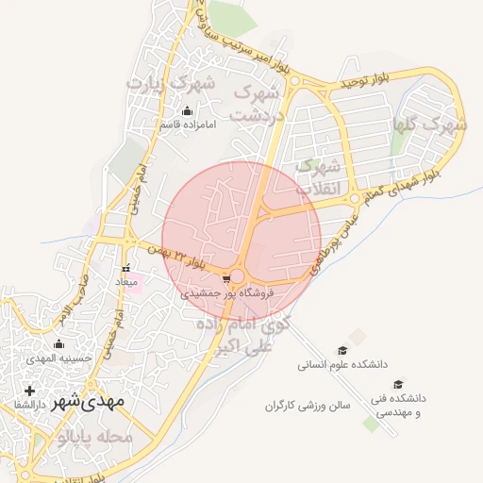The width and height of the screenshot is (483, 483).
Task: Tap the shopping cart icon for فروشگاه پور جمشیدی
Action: click(x=225, y=279)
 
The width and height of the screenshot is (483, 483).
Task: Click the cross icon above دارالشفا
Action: click(x=29, y=391)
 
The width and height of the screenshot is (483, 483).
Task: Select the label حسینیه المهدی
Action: click(x=58, y=358)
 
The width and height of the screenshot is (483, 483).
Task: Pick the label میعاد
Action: click(x=126, y=282)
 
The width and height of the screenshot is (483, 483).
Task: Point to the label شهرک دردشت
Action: click(x=260, y=105)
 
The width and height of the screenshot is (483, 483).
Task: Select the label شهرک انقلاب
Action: click(x=315, y=176)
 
